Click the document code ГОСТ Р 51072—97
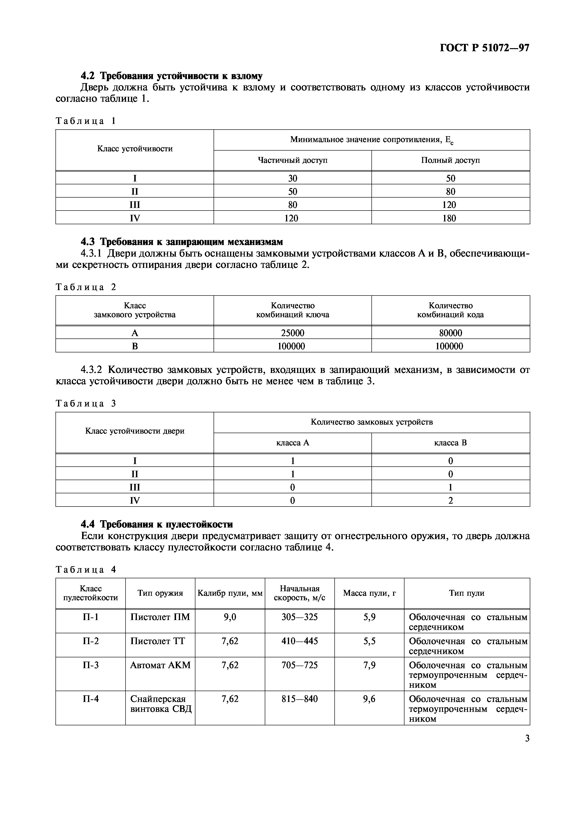click(x=484, y=48)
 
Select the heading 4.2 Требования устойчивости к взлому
click(x=172, y=76)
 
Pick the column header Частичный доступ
click(x=292, y=160)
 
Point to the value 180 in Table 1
click(x=449, y=218)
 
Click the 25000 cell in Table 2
click(x=292, y=333)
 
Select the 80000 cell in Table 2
click(x=450, y=333)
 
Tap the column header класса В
click(x=450, y=443)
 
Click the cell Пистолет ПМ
click(x=160, y=617)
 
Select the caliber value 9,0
click(x=230, y=617)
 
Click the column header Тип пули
click(x=466, y=593)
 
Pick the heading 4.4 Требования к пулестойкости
click(x=157, y=524)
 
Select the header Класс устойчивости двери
click(x=135, y=431)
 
